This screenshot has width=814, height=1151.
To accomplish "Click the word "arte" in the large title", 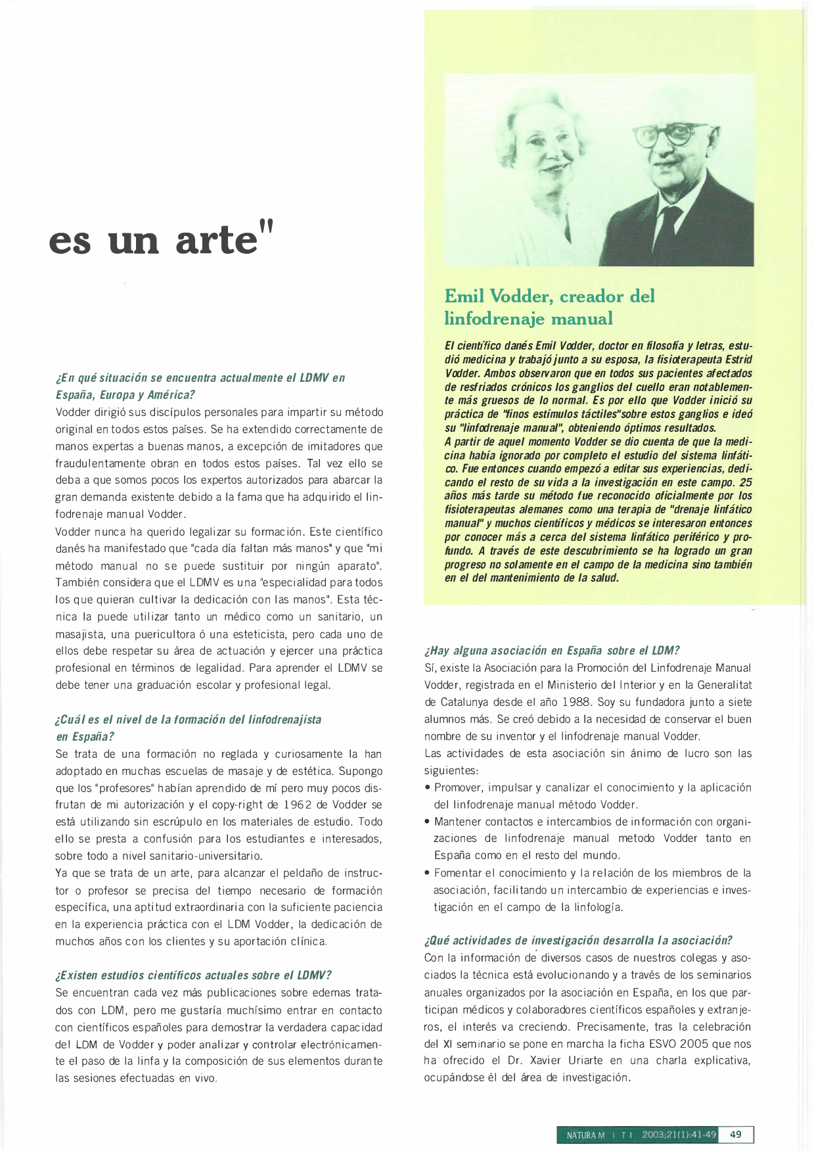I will click(216, 239).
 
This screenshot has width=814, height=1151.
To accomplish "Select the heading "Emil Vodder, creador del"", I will click(549, 296).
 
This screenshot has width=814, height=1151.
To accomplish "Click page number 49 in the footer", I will click(736, 1135).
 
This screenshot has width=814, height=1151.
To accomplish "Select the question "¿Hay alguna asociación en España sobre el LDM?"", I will click(552, 651).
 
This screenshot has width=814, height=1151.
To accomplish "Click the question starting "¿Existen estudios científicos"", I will click(194, 975).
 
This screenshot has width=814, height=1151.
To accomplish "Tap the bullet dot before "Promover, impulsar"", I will click(428, 787).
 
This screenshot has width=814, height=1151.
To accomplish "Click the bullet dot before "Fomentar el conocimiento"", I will click(428, 873).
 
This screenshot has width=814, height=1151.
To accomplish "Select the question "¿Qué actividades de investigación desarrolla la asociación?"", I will click(578, 940).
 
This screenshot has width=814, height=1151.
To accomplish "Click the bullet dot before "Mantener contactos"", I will click(428, 822).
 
